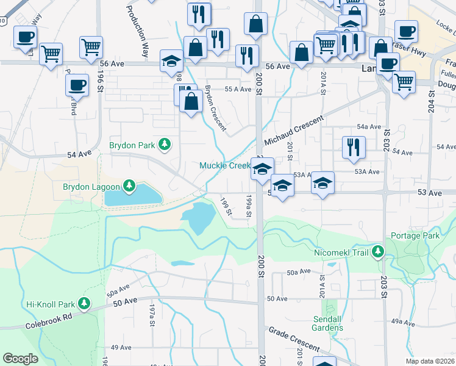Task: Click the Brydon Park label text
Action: coord(131,145)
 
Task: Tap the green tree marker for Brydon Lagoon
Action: coord(129,185)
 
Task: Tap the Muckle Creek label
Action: coord(224,165)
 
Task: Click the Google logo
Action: coord(20,359)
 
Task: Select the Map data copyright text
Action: coord(430,361)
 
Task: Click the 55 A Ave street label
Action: coord(238,89)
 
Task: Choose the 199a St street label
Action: coord(248,206)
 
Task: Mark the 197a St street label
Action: coord(152,318)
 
